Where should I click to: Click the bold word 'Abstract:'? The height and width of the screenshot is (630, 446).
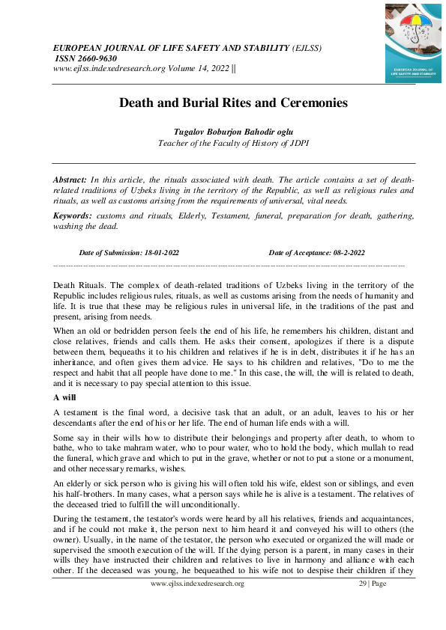coord(70,180)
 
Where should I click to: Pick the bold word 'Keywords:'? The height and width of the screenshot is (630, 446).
coord(73,215)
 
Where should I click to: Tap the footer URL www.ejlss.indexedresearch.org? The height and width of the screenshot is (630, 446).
coord(198,583)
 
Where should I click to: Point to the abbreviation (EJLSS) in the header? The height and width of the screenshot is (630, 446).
coord(307,48)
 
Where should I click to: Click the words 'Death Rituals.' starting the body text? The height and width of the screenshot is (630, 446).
coord(79,285)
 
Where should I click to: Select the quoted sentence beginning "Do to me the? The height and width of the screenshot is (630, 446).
coord(375,372)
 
